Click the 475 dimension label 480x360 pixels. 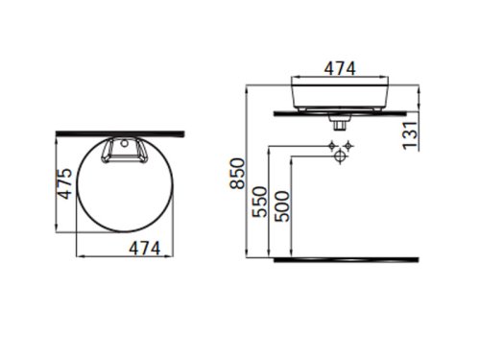pyautogui.click(x=66, y=183)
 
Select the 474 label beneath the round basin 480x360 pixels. pyautogui.click(x=145, y=249)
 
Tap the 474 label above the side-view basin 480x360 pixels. pyautogui.click(x=340, y=68)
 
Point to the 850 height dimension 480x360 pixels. pyautogui.click(x=238, y=174)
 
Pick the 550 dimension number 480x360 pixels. pyautogui.click(x=259, y=202)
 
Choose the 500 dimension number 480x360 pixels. pyautogui.click(x=282, y=206)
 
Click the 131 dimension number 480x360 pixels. pyautogui.click(x=411, y=135)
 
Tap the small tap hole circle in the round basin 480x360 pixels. pyautogui.click(x=125, y=143)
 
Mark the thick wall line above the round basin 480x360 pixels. pyautogui.click(x=120, y=133)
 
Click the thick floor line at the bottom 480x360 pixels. pyautogui.click(x=347, y=259)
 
